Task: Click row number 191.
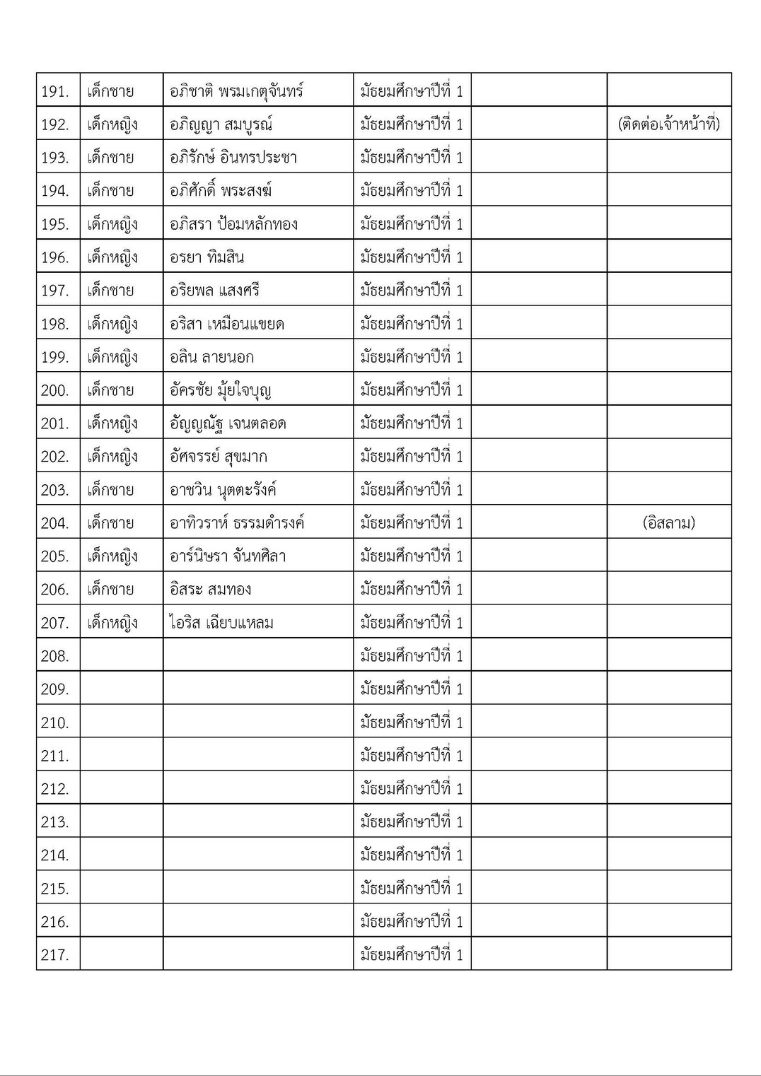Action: click(55, 91)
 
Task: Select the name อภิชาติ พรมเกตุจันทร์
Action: click(236, 91)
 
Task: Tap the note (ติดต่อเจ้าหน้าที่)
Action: click(668, 124)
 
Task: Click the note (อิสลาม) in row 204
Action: click(668, 523)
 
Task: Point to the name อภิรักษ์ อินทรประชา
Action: click(233, 158)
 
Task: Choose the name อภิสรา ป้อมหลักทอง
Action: click(233, 224)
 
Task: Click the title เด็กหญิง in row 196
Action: click(112, 257)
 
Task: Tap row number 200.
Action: click(55, 390)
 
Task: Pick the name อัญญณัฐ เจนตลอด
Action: click(228, 423)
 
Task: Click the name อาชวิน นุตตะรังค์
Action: click(223, 490)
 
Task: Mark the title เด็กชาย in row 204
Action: click(110, 523)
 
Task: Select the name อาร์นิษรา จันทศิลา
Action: click(228, 556)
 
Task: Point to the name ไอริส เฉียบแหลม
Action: click(221, 623)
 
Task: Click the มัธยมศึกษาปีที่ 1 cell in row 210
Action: click(412, 723)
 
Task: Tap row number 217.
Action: click(55, 955)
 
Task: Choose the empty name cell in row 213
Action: click(258, 821)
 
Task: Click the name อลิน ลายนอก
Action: click(211, 357)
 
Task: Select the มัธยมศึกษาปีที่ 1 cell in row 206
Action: click(412, 590)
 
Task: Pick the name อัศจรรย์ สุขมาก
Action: click(219, 457)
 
